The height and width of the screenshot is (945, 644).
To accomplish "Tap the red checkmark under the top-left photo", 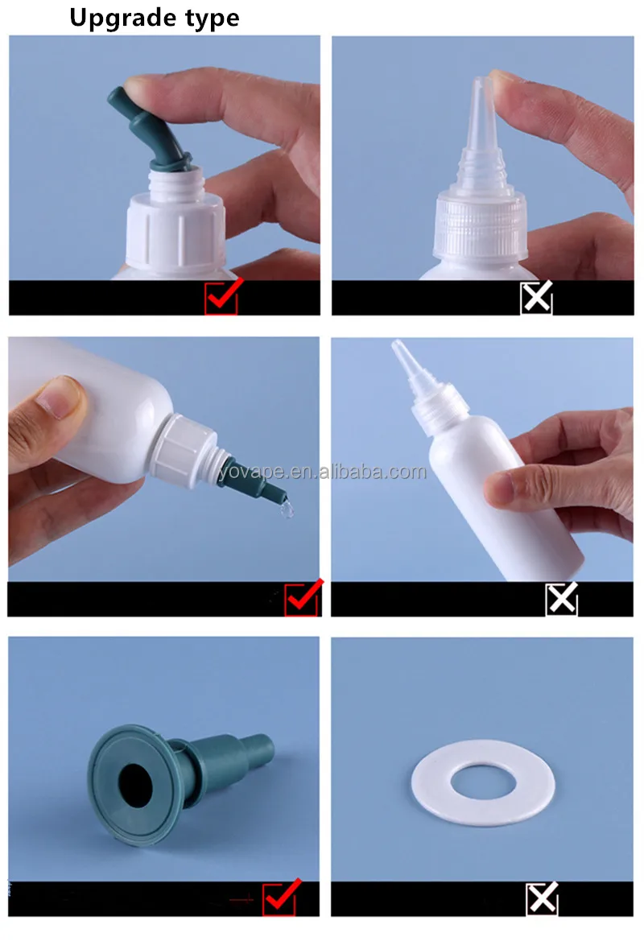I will [x=222, y=298].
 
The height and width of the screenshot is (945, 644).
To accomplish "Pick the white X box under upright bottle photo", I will [x=562, y=599].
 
